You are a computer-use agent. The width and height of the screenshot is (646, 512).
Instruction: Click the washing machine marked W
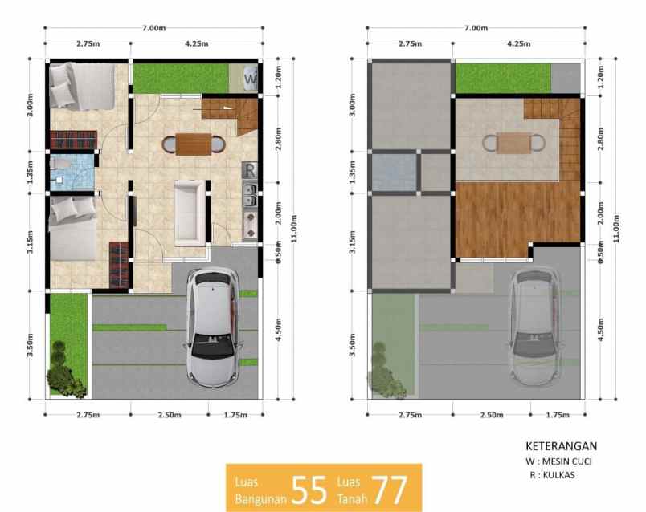click(x=249, y=79)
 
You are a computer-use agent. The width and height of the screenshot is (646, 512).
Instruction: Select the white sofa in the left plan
click(x=190, y=212)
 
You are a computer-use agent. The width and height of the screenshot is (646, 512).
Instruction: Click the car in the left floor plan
click(x=212, y=325)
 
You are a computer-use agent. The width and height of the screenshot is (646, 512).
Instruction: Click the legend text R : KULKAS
click(x=554, y=475)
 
